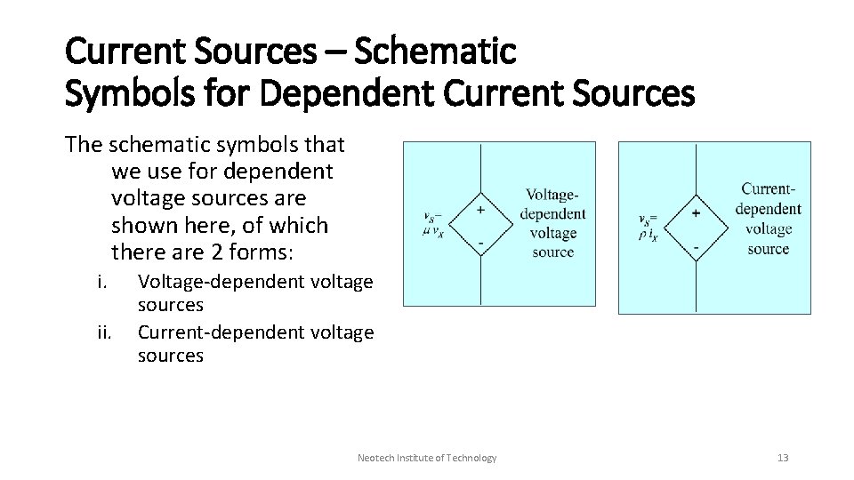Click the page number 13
(783, 458)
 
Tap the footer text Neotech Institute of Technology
(427, 458)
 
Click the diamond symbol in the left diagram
(481, 224)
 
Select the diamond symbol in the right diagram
(695, 224)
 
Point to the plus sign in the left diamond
(481, 211)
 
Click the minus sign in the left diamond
(481, 241)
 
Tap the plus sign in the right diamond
(696, 212)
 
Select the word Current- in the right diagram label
(769, 189)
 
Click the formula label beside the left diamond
(433, 224)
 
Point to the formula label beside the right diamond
(649, 226)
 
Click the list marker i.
(102, 283)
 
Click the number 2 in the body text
(218, 252)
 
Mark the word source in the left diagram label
(552, 252)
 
